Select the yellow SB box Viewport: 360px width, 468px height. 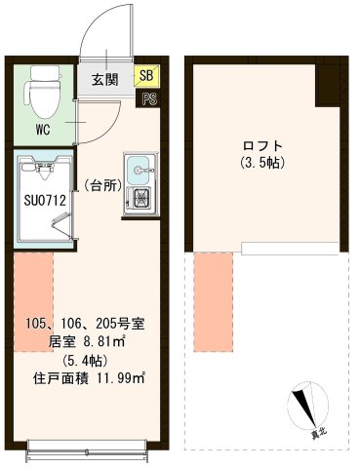(146, 75)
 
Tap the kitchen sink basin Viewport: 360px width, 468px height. (140, 170)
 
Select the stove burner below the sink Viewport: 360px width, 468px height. (140, 201)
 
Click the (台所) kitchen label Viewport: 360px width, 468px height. (101, 183)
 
